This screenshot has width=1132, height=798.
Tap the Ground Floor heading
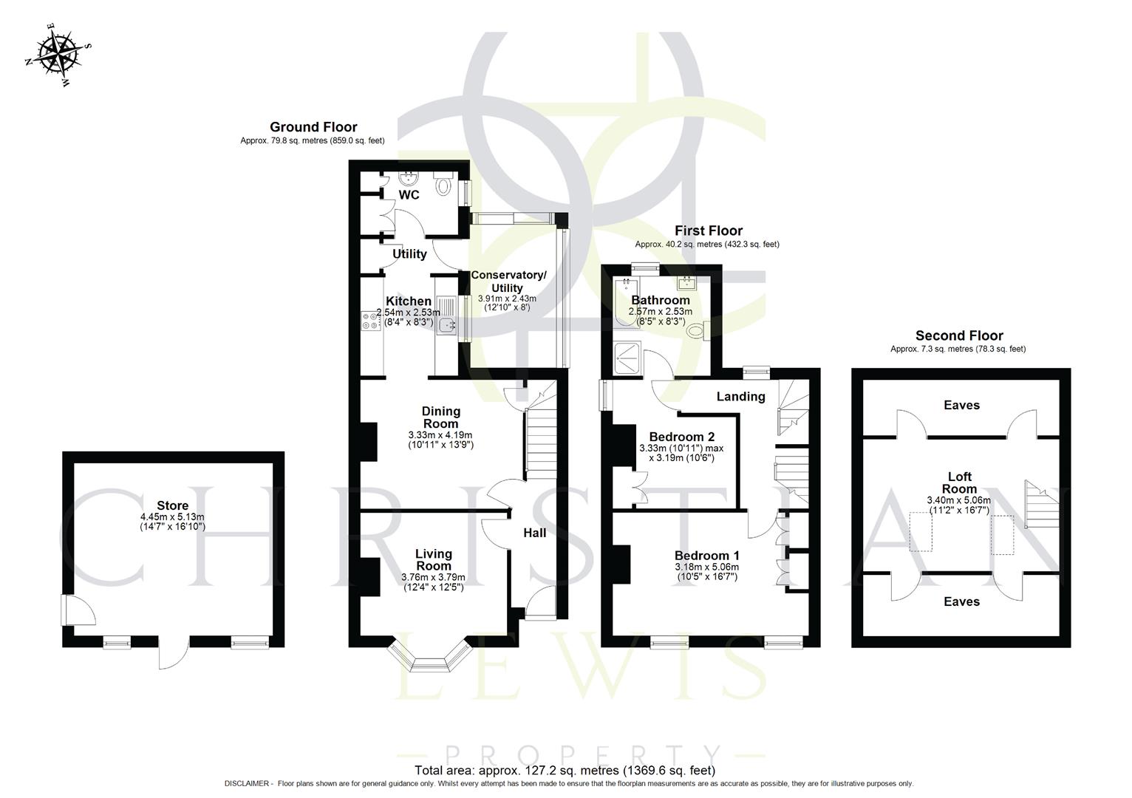click(313, 127)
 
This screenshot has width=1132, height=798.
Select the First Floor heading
click(708, 231)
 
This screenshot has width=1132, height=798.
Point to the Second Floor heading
click(958, 335)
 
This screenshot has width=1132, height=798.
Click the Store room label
click(171, 506)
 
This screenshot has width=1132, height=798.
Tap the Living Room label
click(433, 559)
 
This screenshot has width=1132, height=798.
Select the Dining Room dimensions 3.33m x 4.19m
click(440, 435)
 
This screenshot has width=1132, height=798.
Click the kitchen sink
click(447, 324)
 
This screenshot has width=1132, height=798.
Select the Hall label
click(534, 533)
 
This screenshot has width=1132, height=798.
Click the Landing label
click(740, 397)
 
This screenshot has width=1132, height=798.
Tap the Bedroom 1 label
click(706, 556)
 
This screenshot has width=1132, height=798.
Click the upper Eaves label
click(961, 405)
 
